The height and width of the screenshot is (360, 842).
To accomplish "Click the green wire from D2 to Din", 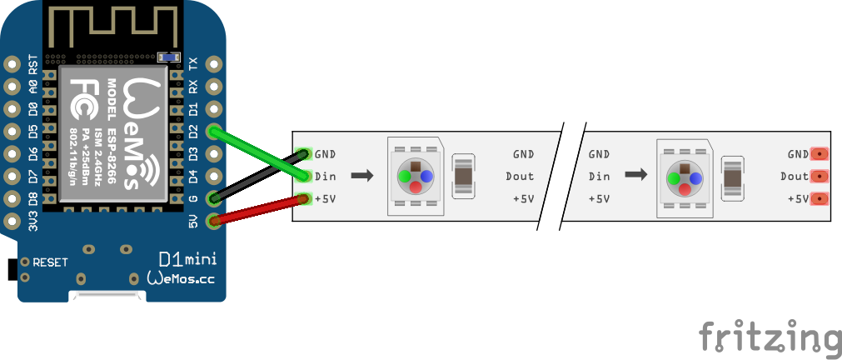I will (x=258, y=153).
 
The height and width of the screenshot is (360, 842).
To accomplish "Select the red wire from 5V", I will (x=258, y=209).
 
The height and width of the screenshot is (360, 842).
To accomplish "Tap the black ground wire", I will (x=258, y=177).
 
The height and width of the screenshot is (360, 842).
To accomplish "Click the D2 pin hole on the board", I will (x=216, y=131).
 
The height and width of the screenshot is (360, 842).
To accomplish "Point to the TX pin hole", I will (x=216, y=63).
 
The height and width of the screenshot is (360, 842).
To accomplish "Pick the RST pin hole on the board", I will (x=12, y=63).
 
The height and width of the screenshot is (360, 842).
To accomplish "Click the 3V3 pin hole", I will (x=12, y=221).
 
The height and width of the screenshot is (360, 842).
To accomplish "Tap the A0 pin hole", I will (x=12, y=86).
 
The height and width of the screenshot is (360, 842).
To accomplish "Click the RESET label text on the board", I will (x=50, y=262).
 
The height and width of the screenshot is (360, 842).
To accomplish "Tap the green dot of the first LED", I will (x=405, y=177).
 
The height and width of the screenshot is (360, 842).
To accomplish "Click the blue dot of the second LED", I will (x=695, y=177).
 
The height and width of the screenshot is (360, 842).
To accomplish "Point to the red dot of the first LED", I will (x=416, y=187).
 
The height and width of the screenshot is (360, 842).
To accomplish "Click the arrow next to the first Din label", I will (x=361, y=176).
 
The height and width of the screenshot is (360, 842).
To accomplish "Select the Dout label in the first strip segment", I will (x=520, y=176).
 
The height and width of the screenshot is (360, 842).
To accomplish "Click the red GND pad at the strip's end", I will (x=820, y=154).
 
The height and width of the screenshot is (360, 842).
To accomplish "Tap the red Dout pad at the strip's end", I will (x=820, y=177).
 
